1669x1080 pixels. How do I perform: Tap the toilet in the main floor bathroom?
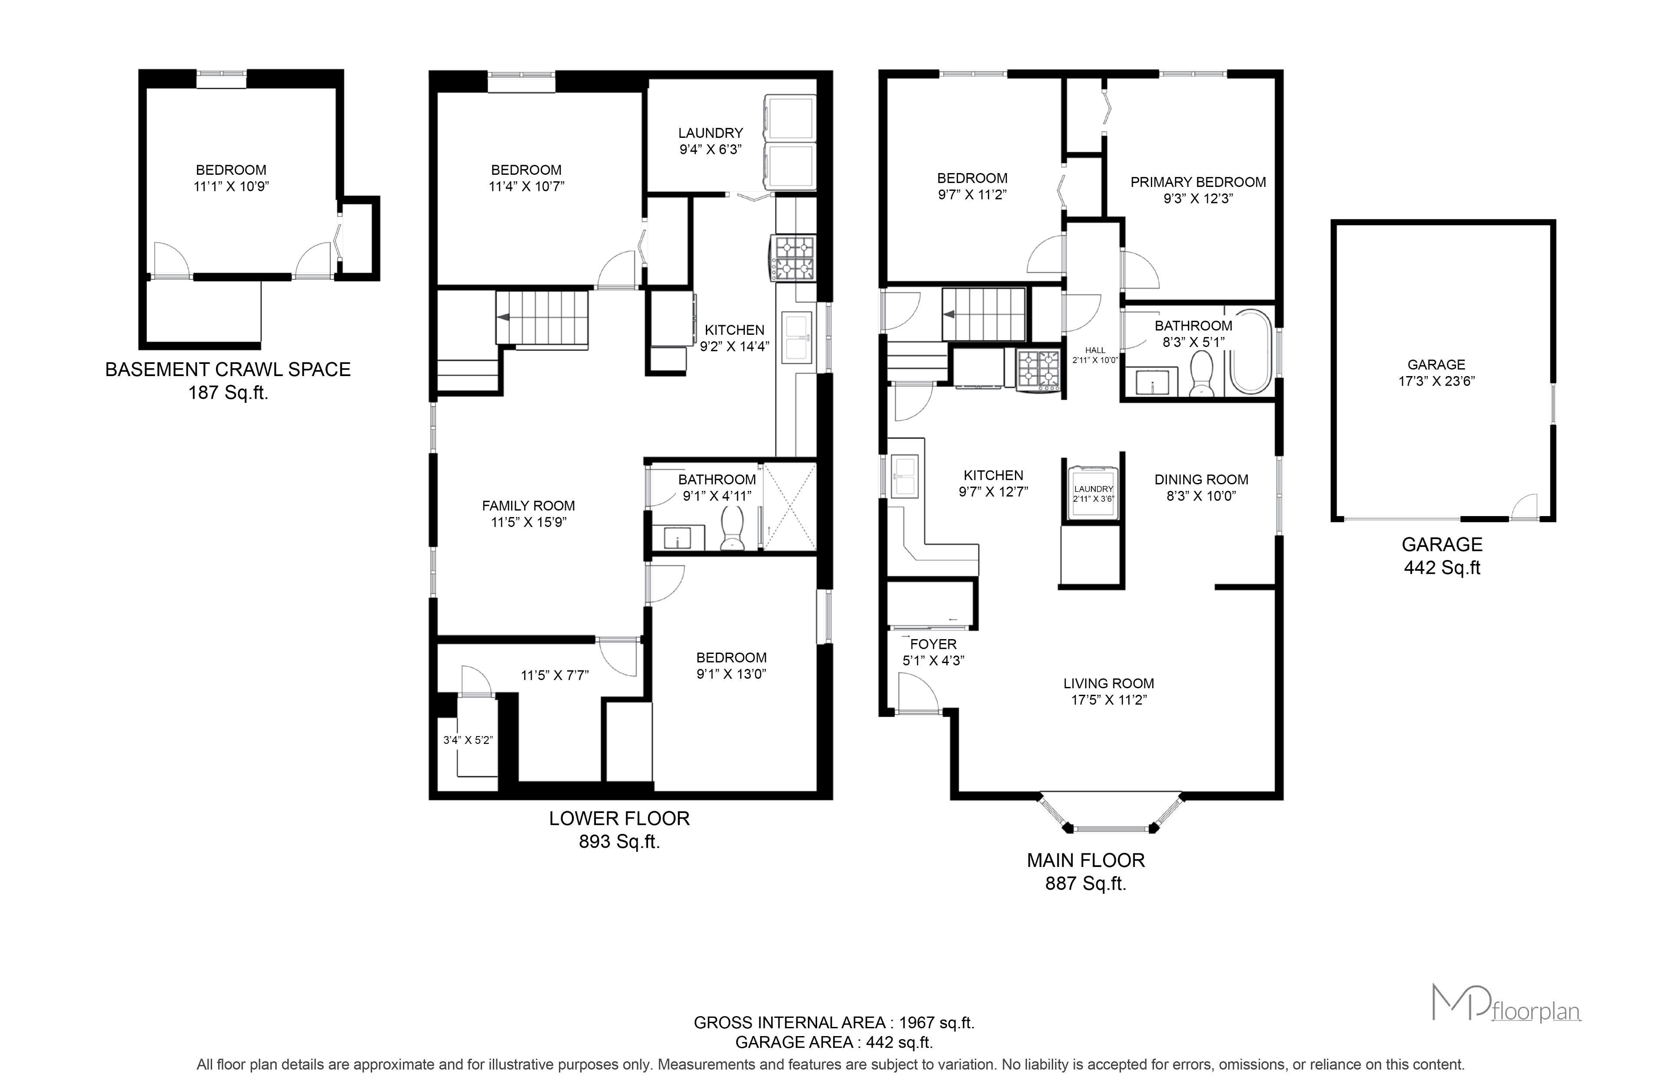click(x=1201, y=373)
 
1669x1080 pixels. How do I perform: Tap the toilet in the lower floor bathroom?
click(x=732, y=529)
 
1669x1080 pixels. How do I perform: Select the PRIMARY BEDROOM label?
click(x=1198, y=182)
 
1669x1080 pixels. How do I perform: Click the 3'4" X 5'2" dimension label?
click(x=468, y=740)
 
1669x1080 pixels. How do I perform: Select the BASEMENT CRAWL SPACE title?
click(x=228, y=370)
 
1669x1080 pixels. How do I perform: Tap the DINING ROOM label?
click(x=1201, y=480)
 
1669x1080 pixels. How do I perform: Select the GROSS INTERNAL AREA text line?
click(x=834, y=1023)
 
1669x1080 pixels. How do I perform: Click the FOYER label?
click(x=933, y=644)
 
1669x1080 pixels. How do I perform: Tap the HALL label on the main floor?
click(x=1095, y=350)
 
